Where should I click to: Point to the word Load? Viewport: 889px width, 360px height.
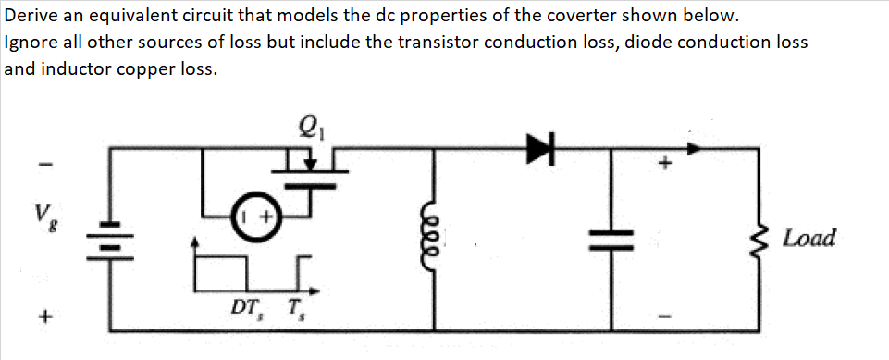click(808, 238)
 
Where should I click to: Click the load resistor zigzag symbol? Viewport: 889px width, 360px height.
click(760, 238)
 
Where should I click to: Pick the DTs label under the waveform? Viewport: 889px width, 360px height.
click(245, 305)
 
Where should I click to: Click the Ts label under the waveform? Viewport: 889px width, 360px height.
click(293, 305)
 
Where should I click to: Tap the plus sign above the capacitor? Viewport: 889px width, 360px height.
click(663, 165)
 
